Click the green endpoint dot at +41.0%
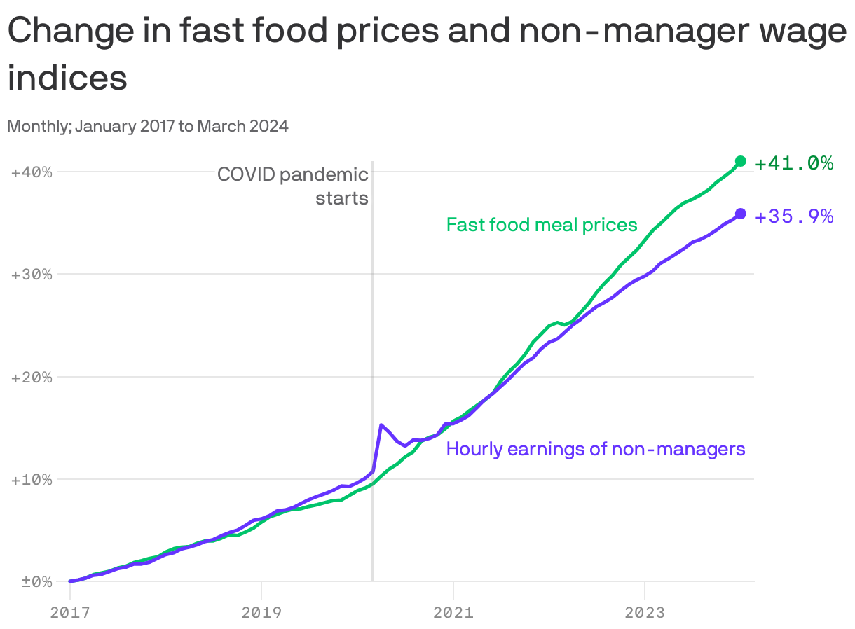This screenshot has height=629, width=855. pos(740,161)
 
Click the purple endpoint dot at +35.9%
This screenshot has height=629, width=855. pos(740,214)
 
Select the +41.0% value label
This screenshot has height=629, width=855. pos(794,163)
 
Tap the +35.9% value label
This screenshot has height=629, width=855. pos(794,216)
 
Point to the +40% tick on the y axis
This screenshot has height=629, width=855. pos(32,172)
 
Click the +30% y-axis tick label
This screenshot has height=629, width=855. pos(32,274)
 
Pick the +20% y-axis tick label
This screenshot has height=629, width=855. pos(32,377)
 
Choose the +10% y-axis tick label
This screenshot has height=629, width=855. pos(32,480)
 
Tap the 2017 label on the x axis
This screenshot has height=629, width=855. pos(70,612)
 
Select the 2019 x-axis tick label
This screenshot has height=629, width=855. pos(261,612)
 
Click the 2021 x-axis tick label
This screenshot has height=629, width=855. pos(453,612)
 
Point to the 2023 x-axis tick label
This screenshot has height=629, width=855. pos(645,612)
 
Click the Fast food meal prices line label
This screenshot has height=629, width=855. pos(542,225)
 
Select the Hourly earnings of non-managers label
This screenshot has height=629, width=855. pos(596,449)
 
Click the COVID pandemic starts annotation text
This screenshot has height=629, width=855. pos(293,186)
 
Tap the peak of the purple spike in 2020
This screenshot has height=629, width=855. pos(381,424)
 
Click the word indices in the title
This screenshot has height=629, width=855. pos(67,78)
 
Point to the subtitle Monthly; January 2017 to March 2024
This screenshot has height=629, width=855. pos(148,127)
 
